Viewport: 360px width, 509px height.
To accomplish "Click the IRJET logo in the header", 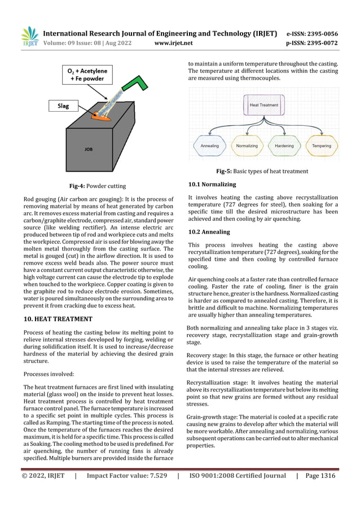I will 29,37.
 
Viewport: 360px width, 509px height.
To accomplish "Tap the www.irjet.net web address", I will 173,42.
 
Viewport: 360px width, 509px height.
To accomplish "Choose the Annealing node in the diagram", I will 209,146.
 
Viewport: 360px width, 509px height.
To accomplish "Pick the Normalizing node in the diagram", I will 246,146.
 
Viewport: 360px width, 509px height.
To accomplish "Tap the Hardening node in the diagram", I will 283,146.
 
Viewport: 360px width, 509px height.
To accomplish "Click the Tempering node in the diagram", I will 322,146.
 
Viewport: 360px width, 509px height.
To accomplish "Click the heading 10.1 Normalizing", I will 212,185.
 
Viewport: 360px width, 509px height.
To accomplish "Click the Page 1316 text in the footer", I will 320,476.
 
